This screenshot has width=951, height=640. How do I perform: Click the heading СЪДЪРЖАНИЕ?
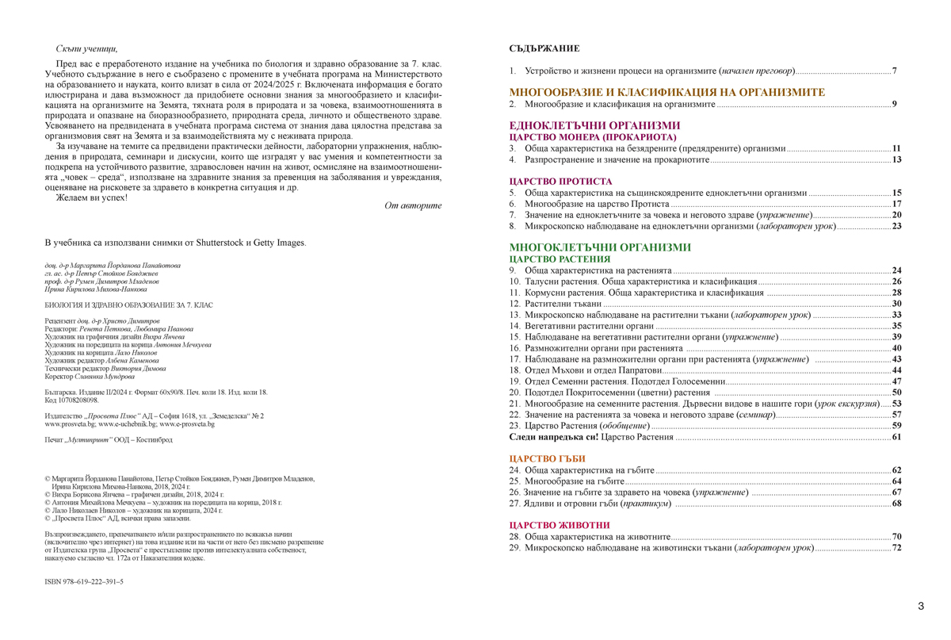tap(544, 49)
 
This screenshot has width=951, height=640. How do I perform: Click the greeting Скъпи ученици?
tap(87, 49)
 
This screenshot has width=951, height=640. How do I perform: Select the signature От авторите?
tap(413, 206)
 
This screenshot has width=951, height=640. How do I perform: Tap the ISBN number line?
tap(84, 581)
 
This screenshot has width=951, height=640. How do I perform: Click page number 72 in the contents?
tap(896, 548)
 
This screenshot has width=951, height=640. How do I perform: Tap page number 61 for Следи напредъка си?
tap(896, 437)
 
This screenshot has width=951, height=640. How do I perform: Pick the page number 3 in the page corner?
tap(920, 606)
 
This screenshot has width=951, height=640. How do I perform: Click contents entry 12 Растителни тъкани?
tap(555, 304)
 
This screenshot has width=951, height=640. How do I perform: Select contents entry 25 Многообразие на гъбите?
tap(562, 481)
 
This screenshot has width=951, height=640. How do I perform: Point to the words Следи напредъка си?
tap(553, 437)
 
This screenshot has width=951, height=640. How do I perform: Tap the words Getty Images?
tap(279, 243)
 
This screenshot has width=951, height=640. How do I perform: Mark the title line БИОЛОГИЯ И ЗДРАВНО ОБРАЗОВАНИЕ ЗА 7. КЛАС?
tap(129, 305)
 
